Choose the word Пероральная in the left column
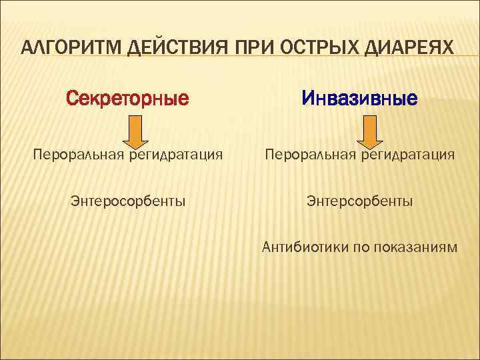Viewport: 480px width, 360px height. click(x=75, y=155)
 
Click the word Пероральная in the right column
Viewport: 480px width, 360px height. click(x=306, y=155)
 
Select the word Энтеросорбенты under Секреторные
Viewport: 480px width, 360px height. click(x=128, y=200)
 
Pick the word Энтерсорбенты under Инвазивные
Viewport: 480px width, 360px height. click(x=359, y=200)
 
